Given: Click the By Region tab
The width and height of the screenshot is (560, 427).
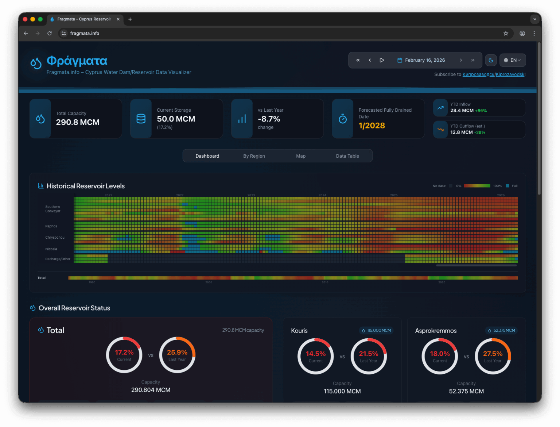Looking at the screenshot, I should click(254, 156).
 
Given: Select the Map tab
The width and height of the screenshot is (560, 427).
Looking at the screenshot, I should click(301, 156).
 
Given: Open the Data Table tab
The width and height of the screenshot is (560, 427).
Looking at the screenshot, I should click(347, 156).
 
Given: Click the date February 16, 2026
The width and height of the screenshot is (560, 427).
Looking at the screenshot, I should click(425, 60).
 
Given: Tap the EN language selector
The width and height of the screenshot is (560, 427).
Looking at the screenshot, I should click(512, 60).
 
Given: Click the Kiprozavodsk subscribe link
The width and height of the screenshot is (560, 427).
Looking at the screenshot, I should click(494, 74).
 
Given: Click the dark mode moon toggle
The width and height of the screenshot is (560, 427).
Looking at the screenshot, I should click(491, 60).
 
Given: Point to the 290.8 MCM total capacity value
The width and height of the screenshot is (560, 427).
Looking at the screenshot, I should click(78, 122).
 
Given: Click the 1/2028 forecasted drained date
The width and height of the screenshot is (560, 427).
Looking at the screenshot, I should click(372, 126).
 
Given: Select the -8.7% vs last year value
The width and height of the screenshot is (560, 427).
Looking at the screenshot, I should click(269, 119).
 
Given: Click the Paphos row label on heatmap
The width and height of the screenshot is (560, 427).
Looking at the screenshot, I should click(51, 226).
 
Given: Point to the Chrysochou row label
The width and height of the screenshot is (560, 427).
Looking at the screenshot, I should click(55, 238).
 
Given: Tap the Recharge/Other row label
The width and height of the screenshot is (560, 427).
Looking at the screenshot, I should click(58, 259).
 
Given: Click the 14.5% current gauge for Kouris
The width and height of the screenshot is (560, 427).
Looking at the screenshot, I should click(316, 356).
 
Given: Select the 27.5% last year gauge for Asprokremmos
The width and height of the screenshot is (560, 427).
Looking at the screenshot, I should click(493, 356).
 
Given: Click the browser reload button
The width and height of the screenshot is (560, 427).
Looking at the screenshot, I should click(50, 33).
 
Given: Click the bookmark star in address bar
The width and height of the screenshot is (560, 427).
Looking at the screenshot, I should click(506, 33).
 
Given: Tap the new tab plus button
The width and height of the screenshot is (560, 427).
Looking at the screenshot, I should click(130, 19).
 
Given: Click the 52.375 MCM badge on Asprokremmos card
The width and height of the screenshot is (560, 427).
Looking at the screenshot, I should click(502, 330).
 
